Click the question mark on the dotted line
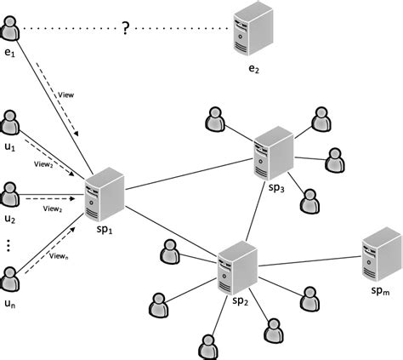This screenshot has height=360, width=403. tap(125, 29)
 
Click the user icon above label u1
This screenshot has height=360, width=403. tap(12, 122)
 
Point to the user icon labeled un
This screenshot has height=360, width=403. tap(12, 278)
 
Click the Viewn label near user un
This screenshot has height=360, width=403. tap(58, 254)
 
